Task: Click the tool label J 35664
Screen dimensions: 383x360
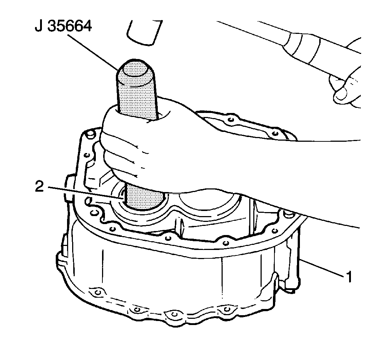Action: click(63, 26)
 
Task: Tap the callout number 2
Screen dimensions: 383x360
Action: click(39, 187)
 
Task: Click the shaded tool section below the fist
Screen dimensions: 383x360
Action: click(145, 197)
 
